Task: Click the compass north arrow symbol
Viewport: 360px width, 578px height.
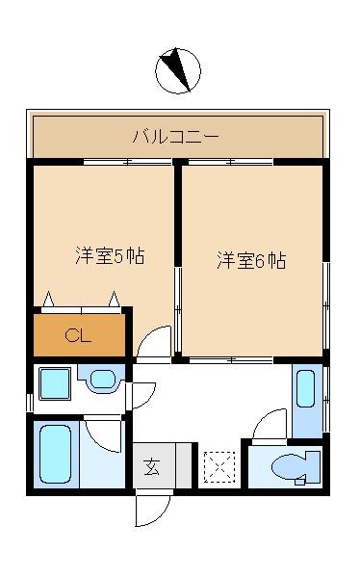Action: [178, 71]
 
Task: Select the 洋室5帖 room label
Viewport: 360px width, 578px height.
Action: [111, 257]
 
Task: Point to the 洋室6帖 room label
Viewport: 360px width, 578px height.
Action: [250, 260]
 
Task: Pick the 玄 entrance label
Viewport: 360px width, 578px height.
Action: [152, 468]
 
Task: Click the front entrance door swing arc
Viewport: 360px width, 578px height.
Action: [151, 509]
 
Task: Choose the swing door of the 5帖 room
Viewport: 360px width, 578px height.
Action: [152, 342]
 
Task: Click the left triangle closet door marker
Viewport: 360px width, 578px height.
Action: [48, 298]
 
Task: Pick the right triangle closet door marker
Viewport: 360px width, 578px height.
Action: [116, 298]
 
